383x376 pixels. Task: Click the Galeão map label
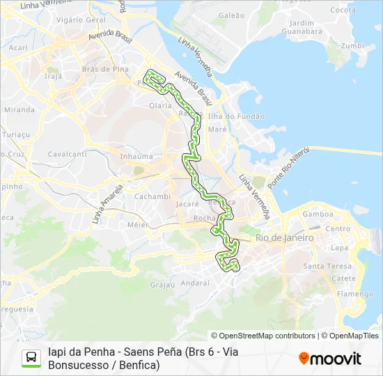(231, 15)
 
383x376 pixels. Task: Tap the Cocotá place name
(342, 10)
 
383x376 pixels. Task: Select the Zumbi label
(352, 46)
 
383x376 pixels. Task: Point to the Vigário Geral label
(79, 19)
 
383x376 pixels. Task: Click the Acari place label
(18, 47)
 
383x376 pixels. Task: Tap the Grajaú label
(162, 284)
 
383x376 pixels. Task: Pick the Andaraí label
(195, 283)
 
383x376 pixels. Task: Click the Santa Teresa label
(322, 266)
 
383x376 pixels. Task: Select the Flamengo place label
(356, 294)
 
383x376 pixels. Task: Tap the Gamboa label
(318, 214)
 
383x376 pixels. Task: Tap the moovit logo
(330, 359)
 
